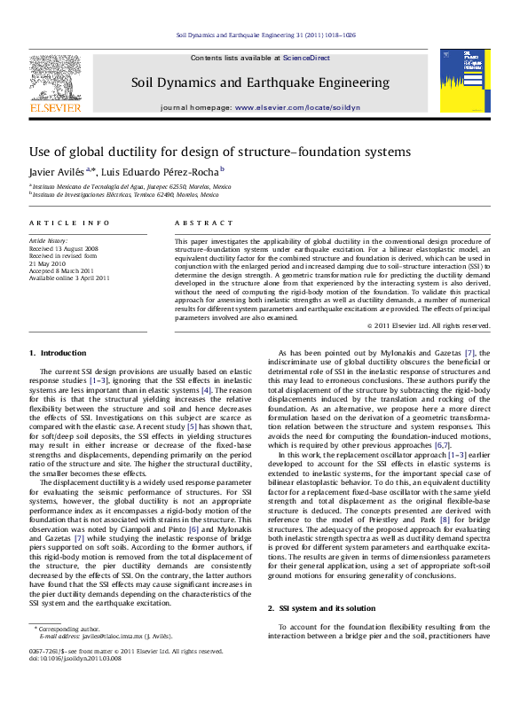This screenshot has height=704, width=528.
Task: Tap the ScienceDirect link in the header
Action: pos(306,58)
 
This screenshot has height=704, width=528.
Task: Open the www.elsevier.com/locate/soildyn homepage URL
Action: pos(298,106)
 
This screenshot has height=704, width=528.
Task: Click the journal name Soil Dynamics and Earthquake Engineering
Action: pos(260,82)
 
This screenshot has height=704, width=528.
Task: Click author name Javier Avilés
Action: pos(57,170)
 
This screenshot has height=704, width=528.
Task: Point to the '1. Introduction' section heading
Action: pos(58,353)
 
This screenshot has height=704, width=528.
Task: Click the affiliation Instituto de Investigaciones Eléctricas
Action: pos(131,195)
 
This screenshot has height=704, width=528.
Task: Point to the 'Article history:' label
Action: pos(49,241)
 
